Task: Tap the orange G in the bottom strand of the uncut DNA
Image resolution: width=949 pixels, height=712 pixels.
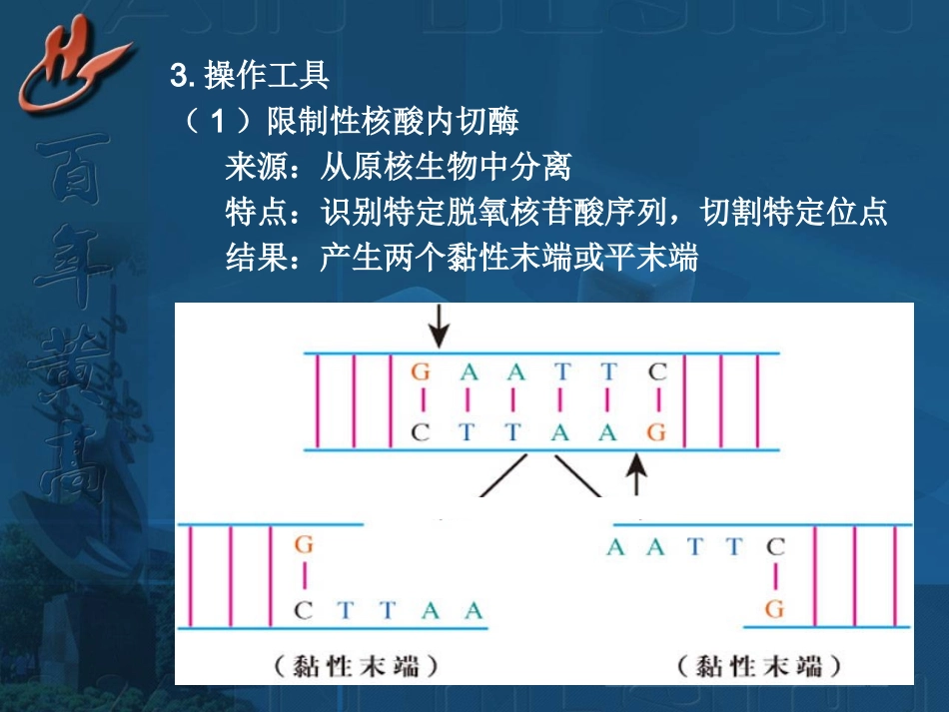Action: [656, 432]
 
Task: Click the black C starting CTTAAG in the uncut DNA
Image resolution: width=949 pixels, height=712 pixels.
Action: [422, 432]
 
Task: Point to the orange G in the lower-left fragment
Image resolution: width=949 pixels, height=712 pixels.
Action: [304, 545]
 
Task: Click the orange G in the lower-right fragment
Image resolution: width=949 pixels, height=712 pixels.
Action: [774, 608]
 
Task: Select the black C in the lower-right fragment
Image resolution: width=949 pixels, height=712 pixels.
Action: [775, 546]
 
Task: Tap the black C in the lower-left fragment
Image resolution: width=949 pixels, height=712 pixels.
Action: [304, 609]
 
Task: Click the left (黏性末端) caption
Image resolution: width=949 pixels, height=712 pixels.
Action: [357, 665]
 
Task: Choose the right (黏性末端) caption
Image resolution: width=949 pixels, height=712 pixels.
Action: [758, 665]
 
